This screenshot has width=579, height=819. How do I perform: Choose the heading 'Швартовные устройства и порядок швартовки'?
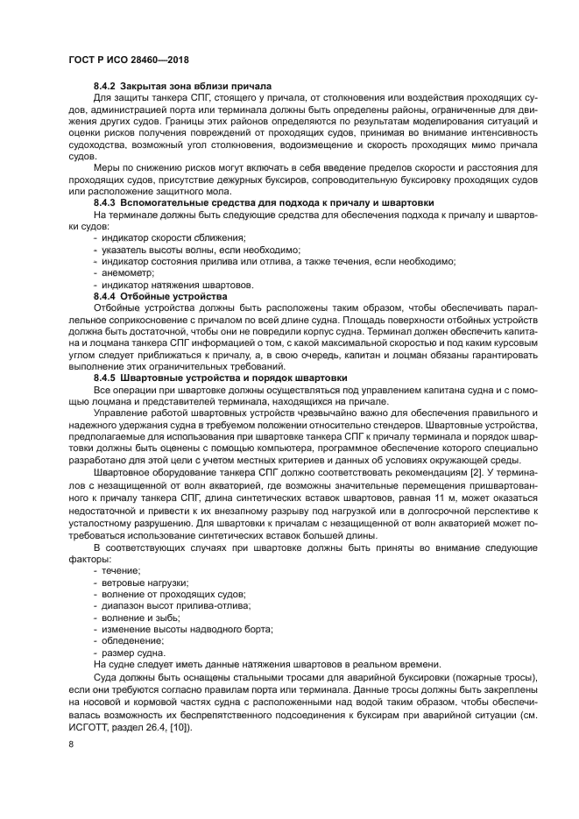(x=234, y=377)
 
